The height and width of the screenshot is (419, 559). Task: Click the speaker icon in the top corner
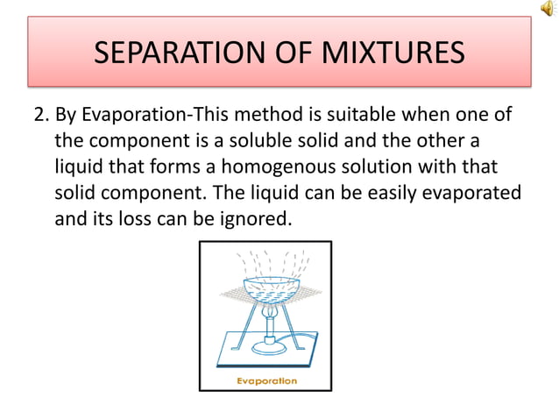pyautogui.click(x=548, y=9)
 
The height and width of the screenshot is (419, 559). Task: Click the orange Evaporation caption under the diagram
pyautogui.click(x=265, y=380)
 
